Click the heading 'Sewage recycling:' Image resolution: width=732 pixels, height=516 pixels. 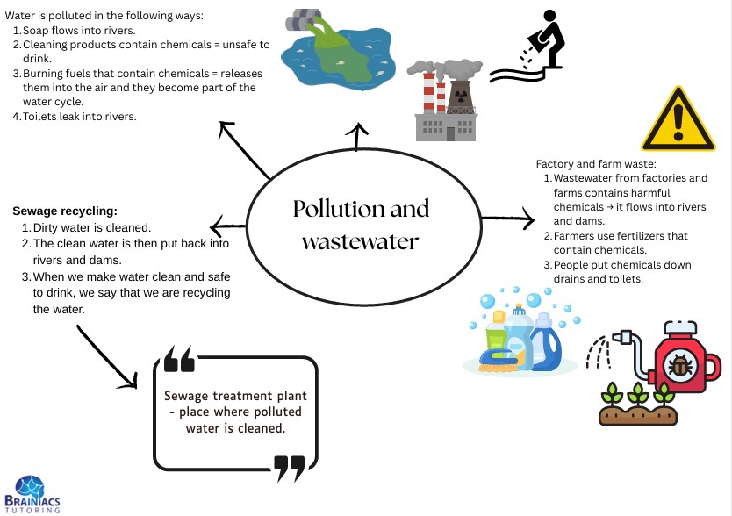tap(65, 211)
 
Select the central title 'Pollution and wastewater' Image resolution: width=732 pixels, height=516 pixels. tap(361, 224)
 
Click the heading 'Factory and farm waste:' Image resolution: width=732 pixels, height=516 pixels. tap(596, 164)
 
